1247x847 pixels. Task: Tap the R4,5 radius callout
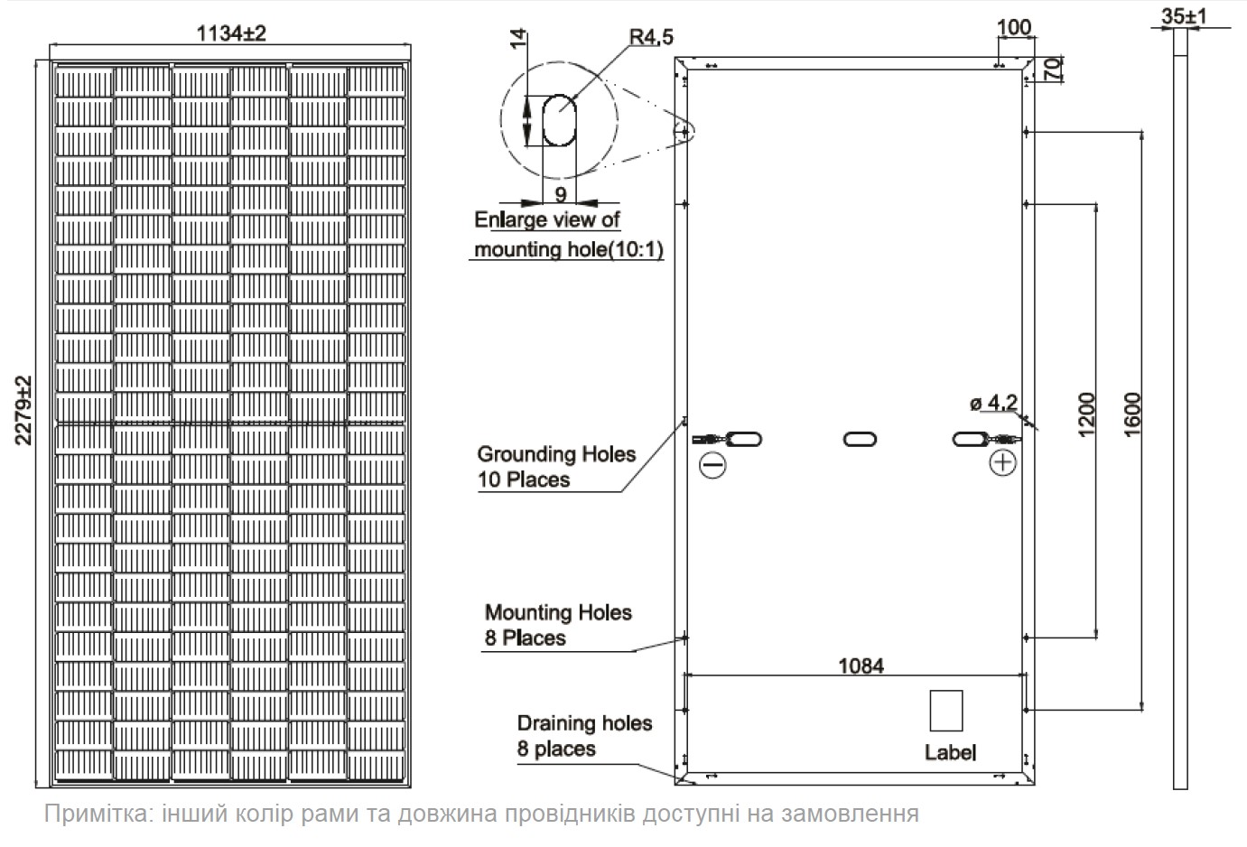click(x=651, y=36)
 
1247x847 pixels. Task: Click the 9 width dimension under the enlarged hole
click(x=560, y=194)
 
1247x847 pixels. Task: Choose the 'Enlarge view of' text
click(x=547, y=219)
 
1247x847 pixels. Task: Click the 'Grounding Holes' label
click(x=556, y=453)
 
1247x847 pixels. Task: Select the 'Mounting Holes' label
click(x=558, y=613)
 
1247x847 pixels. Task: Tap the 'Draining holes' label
click(x=584, y=723)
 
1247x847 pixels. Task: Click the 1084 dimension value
click(x=861, y=665)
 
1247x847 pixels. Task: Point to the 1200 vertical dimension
click(x=1085, y=414)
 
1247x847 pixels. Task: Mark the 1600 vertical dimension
click(x=1132, y=414)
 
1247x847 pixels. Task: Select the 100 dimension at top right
click(x=1014, y=27)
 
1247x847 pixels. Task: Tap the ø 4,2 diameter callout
click(x=994, y=402)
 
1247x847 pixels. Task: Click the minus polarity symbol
click(x=712, y=464)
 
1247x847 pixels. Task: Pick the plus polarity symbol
click(x=1002, y=462)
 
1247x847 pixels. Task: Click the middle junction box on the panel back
click(x=860, y=439)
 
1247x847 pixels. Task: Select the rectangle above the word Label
click(x=945, y=710)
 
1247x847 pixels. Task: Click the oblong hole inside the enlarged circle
click(x=558, y=120)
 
